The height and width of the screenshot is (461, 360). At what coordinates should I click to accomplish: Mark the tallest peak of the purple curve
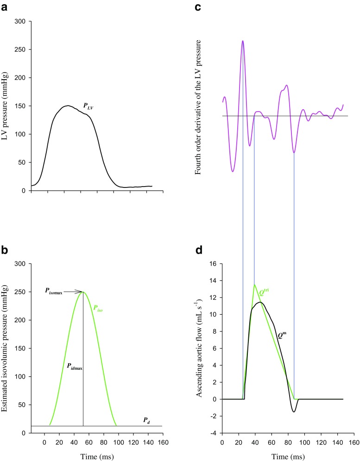click(242, 41)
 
